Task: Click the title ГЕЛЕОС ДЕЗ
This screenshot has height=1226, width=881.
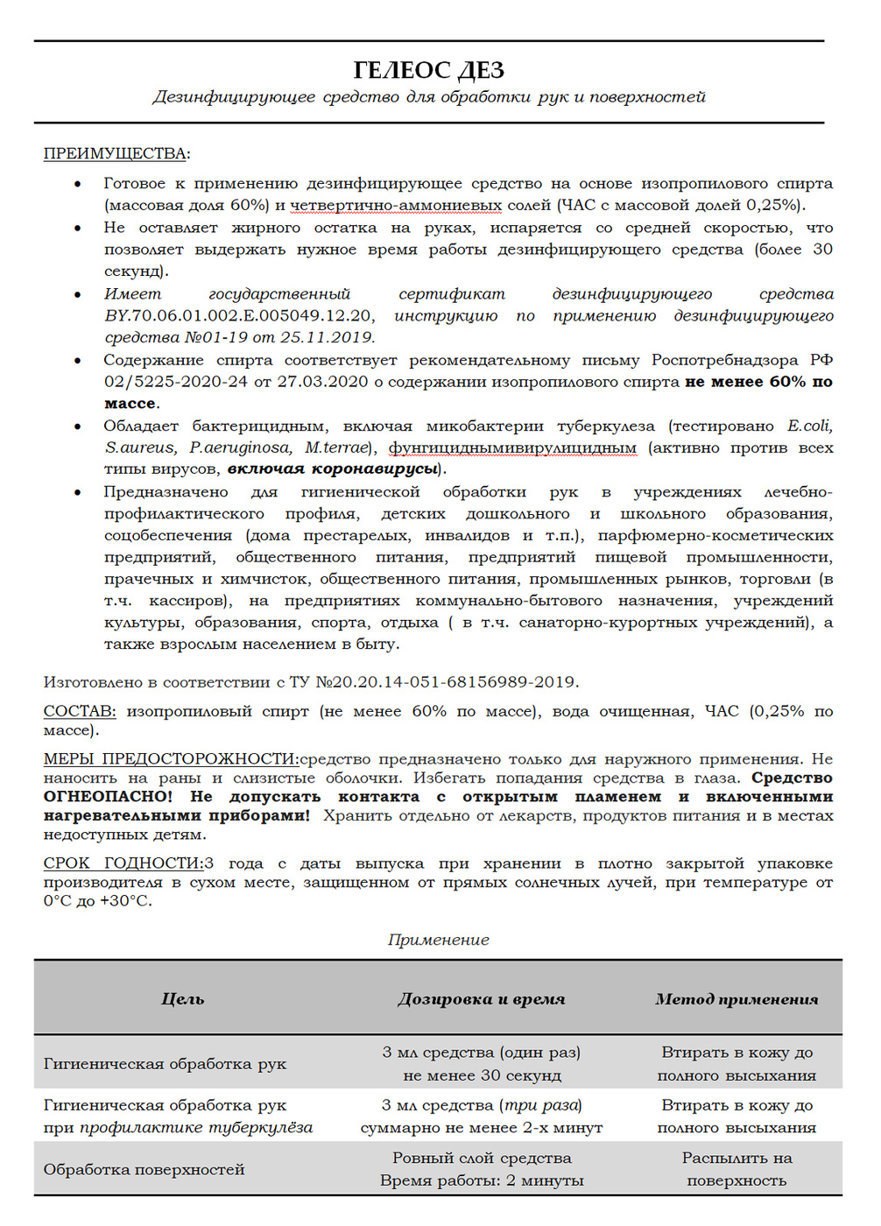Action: (428, 69)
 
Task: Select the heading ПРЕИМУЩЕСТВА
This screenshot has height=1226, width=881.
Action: (115, 153)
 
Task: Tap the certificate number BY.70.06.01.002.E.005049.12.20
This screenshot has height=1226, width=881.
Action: (239, 315)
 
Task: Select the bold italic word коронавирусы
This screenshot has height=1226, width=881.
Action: (376, 469)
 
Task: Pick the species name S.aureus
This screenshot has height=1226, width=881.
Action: (140, 447)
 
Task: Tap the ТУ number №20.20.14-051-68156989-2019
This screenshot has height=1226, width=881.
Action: (446, 681)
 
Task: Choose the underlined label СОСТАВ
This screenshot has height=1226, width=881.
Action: (79, 711)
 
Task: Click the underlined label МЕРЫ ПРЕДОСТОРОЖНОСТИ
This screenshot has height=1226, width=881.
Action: (170, 758)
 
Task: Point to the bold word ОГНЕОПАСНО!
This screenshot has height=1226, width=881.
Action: (108, 796)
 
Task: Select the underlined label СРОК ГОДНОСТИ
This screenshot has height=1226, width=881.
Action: (123, 863)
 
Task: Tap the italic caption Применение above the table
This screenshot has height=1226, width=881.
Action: (438, 940)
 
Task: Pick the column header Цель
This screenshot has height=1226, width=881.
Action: (182, 998)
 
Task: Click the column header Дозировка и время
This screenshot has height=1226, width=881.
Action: (481, 998)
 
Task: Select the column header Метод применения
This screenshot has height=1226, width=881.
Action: (737, 998)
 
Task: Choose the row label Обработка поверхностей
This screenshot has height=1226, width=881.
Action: (144, 1169)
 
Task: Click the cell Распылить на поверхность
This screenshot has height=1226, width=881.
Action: (737, 1169)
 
